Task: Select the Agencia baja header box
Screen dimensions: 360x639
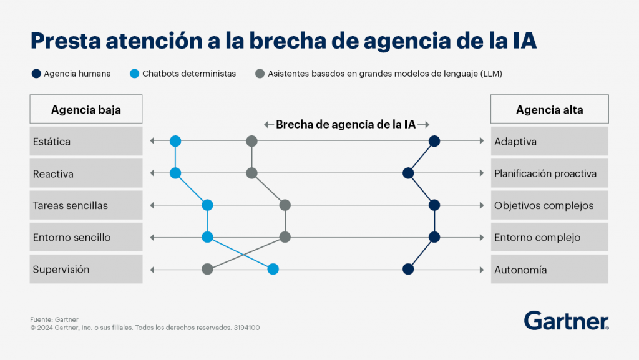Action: pos(86,109)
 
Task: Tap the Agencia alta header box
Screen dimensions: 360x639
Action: pos(549,109)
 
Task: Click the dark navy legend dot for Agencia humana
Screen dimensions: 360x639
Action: pos(36,74)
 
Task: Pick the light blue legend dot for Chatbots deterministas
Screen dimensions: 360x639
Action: pos(134,74)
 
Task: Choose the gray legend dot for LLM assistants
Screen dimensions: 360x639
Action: pos(260,74)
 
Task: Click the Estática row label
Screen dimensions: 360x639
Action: pos(52,142)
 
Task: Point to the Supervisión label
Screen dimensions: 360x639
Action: pos(61,270)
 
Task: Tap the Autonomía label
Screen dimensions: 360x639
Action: pos(520,270)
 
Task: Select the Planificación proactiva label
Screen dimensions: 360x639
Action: pos(545,174)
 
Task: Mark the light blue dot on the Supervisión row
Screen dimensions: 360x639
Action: pos(273,270)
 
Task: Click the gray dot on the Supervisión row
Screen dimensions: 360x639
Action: pos(208,270)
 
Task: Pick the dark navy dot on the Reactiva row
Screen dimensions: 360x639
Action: pos(408,173)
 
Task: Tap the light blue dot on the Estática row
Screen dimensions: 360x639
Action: pos(175,141)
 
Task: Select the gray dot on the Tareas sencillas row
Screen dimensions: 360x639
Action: pos(285,205)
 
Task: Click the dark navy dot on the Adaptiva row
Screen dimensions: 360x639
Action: pos(434,141)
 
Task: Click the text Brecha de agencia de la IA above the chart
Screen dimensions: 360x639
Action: pos(346,124)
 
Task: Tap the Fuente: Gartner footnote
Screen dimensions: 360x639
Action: pos(54,319)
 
